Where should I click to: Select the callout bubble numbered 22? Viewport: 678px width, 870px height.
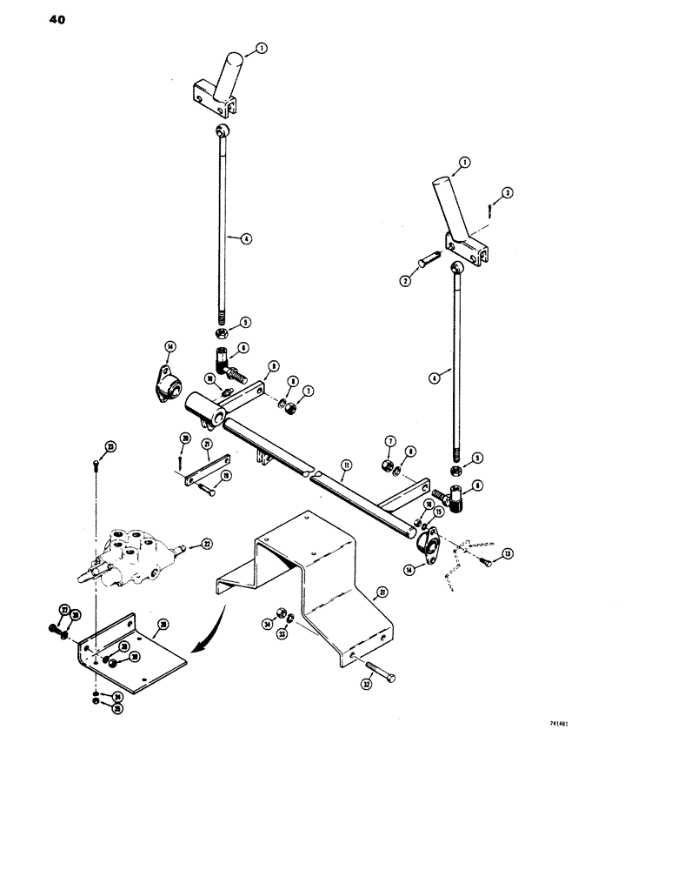pyautogui.click(x=207, y=545)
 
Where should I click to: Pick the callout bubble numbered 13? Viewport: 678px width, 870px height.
pyautogui.click(x=508, y=552)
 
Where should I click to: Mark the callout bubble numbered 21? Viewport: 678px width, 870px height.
pyautogui.click(x=207, y=444)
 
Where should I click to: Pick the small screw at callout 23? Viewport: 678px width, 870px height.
pyautogui.click(x=95, y=466)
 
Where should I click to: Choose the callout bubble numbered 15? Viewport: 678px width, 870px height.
pyautogui.click(x=439, y=513)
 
